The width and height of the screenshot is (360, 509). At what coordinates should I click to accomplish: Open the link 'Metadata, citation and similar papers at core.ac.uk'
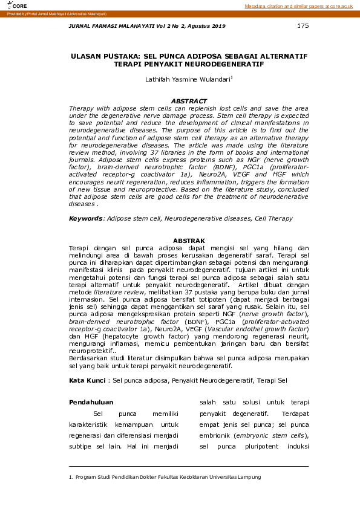(298, 5)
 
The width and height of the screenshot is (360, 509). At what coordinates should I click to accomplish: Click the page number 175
(303, 26)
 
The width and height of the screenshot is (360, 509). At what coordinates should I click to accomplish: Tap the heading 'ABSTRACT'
(189, 101)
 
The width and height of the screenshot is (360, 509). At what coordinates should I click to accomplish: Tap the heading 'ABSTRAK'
(189, 241)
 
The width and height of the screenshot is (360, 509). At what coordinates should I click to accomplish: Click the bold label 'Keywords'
(85, 218)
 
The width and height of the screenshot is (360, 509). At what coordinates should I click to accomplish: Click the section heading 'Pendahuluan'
(91, 402)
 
